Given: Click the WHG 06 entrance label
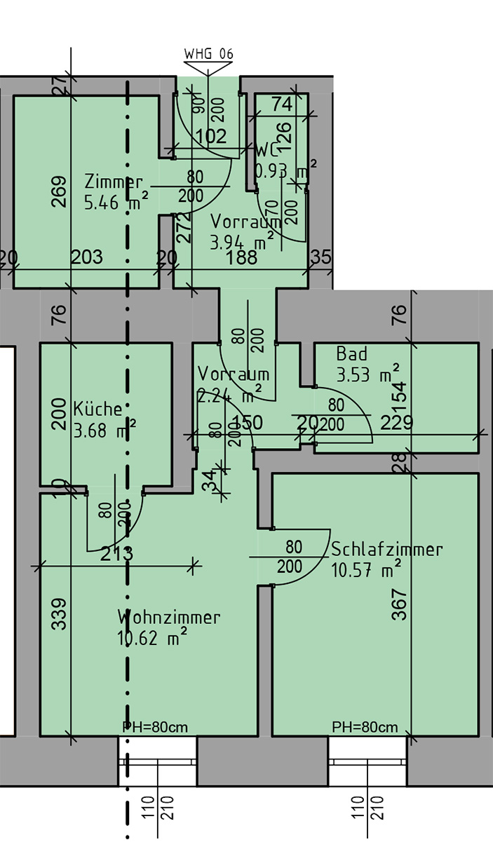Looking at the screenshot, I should point(208,54).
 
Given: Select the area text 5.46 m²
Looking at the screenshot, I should point(116,203).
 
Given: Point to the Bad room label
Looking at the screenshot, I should point(351,353).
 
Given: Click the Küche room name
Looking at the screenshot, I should point(98,408).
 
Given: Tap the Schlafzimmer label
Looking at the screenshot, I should point(387,549).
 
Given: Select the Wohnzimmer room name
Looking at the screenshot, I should point(169,618).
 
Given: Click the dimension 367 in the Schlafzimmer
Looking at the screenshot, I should point(399,604).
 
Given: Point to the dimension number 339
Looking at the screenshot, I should point(60,614).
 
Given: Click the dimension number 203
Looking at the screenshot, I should point(87,257).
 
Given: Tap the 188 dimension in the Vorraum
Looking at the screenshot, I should point(242,257).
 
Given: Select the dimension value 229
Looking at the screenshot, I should point(396,422).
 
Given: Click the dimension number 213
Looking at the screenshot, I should point(116,554).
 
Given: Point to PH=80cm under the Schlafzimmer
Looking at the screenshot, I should point(365,726).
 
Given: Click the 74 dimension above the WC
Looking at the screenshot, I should point(282,104).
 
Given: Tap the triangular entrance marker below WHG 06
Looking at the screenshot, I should point(208,68).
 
